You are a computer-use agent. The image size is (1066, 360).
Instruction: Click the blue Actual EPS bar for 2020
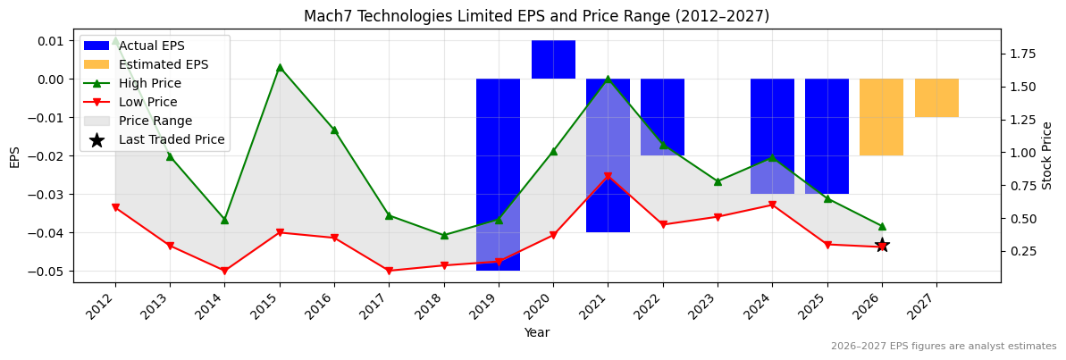click(x=553, y=60)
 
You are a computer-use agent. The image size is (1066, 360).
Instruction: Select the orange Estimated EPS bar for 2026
click(x=881, y=117)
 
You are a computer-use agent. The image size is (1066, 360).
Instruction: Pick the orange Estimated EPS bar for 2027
click(x=936, y=98)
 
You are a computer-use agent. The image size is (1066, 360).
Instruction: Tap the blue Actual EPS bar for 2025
click(x=827, y=136)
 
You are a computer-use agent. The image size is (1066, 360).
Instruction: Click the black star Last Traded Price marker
click(x=882, y=245)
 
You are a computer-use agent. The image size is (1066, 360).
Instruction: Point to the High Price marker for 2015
click(x=280, y=67)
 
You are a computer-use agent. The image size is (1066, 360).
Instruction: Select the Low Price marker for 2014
click(x=224, y=271)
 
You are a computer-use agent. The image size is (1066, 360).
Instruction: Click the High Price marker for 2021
click(x=608, y=80)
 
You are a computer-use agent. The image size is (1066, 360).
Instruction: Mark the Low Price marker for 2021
click(x=608, y=177)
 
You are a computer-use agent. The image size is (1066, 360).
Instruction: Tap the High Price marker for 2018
click(x=444, y=235)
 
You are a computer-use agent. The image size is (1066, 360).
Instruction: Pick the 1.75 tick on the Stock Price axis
click(x=1020, y=54)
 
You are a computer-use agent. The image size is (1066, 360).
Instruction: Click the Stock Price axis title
click(x=1047, y=155)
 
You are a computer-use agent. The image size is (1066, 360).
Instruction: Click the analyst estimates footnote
click(x=944, y=347)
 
